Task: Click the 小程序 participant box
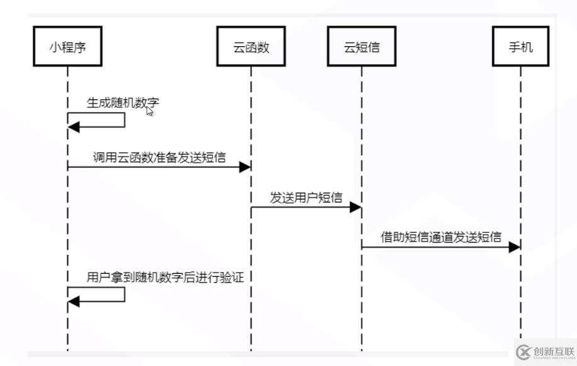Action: coord(67,46)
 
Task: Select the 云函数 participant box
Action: coord(251,46)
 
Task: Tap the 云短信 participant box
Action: coord(362,46)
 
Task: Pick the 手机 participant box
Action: coord(521,46)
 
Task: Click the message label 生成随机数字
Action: coord(118,102)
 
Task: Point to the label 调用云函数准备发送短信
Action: coord(159,157)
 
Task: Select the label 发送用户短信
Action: coord(306,198)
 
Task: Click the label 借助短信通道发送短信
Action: coord(441,237)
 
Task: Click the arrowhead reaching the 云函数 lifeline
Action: coord(244,167)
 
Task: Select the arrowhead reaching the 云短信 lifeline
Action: coord(355,207)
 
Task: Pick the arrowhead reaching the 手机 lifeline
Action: coord(515,247)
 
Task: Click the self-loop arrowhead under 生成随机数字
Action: coord(74,127)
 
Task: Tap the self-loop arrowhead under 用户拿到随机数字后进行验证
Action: coord(74,302)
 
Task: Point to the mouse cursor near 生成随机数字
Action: coord(149,110)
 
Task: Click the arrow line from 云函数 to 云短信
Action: coord(302,207)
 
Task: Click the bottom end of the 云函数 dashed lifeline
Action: coord(251,348)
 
